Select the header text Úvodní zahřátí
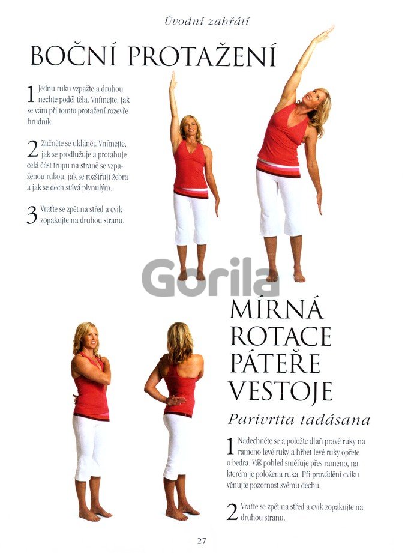tap(206, 21)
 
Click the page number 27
tap(202, 540)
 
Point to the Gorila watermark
tap(211, 278)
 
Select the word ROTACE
tap(281, 336)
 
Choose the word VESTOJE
tap(281, 390)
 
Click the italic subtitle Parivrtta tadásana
tap(299, 420)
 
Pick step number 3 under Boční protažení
tap(32, 215)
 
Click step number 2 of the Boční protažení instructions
tap(32, 149)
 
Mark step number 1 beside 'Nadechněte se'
tap(230, 447)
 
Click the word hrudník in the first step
tap(40, 122)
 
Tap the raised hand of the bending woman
tap(323, 34)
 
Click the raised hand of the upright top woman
tap(173, 80)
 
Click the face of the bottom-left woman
tap(91, 339)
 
